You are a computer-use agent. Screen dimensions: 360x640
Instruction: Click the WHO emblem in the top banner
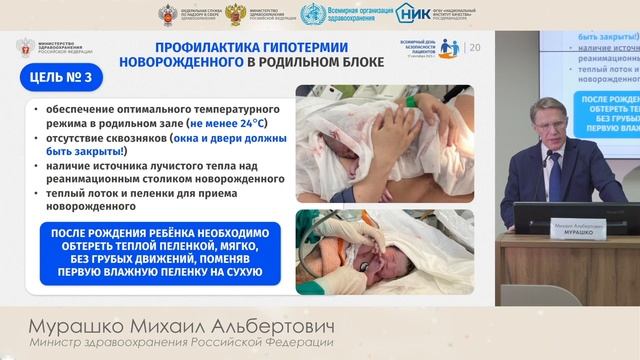click(311, 14)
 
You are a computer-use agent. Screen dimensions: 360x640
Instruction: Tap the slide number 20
click(474, 47)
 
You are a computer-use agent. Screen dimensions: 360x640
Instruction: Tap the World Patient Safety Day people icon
click(448, 47)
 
